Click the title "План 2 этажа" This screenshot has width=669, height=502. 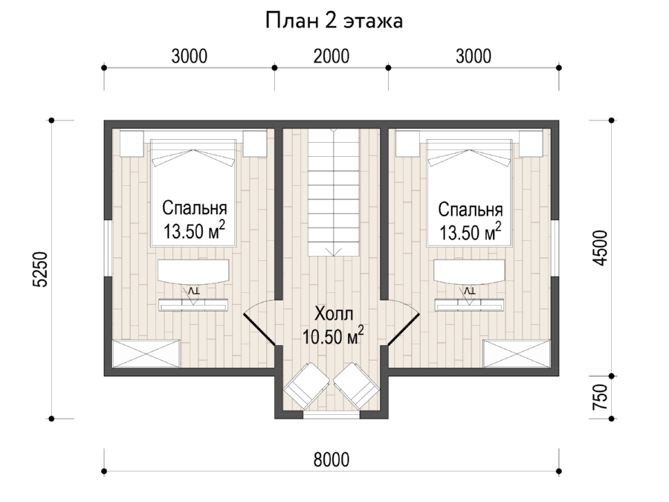tap(334, 21)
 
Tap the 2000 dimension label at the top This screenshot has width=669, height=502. tap(332, 57)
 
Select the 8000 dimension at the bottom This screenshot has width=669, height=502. tap(332, 460)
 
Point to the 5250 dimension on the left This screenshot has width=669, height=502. tap(40, 270)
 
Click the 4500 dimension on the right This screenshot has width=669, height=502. tap(601, 248)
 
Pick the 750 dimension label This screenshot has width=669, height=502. tap(601, 397)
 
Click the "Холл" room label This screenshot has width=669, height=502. tap(334, 314)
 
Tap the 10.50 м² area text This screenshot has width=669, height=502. tap(333, 336)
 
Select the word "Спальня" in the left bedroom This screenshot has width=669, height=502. tap(195, 209)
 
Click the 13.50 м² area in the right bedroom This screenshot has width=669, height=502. tap(471, 232)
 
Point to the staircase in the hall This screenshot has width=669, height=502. tap(334, 193)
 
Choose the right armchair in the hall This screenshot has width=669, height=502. tap(356, 385)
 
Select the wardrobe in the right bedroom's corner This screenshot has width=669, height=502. tap(517, 353)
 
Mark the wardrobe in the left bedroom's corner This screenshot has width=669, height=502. tap(146, 353)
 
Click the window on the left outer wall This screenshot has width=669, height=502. tap(109, 248)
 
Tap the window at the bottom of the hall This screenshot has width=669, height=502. tap(332, 414)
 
